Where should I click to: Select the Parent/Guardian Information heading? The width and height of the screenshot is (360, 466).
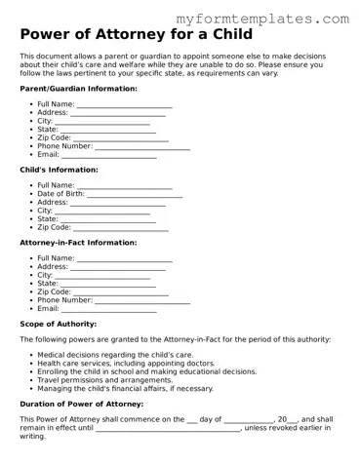pos(78,89)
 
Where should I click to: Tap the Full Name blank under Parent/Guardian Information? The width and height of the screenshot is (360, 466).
pos(124,104)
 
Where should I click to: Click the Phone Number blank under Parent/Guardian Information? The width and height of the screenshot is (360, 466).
pos(141,146)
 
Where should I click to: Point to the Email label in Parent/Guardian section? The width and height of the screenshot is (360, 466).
pos(48,155)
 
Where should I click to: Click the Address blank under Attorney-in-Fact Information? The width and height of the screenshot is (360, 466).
pos(118,266)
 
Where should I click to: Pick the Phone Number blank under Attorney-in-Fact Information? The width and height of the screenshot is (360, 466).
pos(141,300)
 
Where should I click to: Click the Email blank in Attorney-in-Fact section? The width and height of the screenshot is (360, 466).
pos(109,309)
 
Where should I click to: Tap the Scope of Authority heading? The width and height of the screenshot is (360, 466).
pos(58,324)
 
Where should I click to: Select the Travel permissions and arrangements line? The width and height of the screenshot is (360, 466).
pos(104,380)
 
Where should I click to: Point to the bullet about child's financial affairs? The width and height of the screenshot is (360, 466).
pos(125,388)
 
